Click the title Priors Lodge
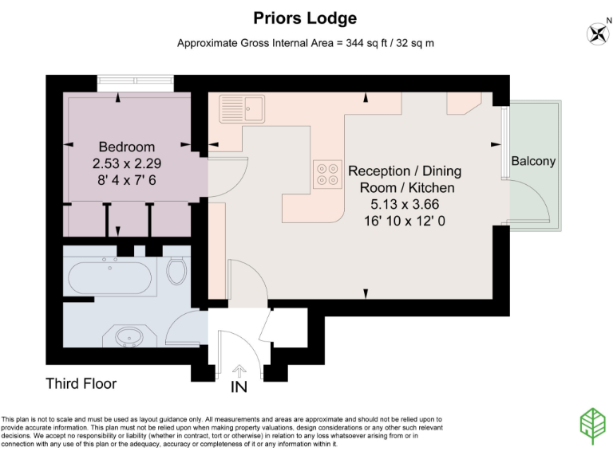click(x=306, y=18)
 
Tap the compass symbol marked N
click(x=596, y=33)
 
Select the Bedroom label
click(x=126, y=147)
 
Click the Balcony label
click(x=533, y=161)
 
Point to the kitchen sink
click(x=242, y=108)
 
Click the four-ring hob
click(x=326, y=174)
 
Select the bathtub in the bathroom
click(x=109, y=278)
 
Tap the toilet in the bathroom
click(x=177, y=271)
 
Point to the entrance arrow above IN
click(x=239, y=371)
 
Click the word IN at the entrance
click(x=239, y=388)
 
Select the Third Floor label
click(x=81, y=383)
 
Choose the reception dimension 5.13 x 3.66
click(x=405, y=204)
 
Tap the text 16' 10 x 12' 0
click(x=405, y=221)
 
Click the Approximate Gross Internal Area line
click(x=306, y=42)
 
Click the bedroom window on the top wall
click(x=135, y=81)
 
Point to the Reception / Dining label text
click(x=405, y=171)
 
